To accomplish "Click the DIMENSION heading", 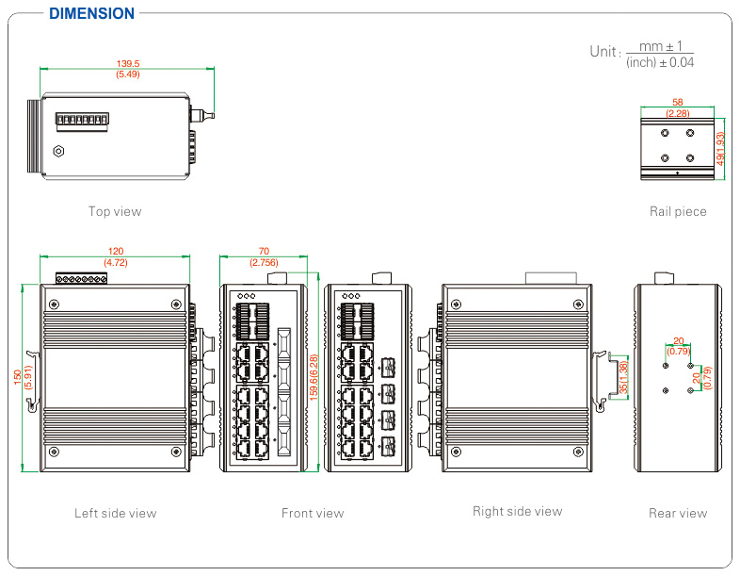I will click(x=91, y=13).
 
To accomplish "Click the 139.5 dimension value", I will click(x=127, y=63).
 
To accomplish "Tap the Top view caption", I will click(x=115, y=211).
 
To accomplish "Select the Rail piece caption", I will click(x=678, y=211).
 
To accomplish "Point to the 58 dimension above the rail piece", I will click(x=677, y=102).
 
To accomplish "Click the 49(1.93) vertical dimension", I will click(x=721, y=149).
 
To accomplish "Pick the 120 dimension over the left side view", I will click(x=116, y=252).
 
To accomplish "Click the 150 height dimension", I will click(x=17, y=376).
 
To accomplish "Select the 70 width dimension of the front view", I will click(x=263, y=252).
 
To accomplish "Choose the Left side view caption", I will click(x=115, y=513).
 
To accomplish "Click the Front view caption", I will click(x=313, y=513).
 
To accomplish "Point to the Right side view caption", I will click(x=517, y=511).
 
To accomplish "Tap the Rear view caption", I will click(x=678, y=513).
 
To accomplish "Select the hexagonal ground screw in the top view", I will click(x=58, y=150).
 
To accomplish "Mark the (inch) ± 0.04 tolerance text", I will click(x=660, y=62).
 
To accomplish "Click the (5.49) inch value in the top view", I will click(x=127, y=74).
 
